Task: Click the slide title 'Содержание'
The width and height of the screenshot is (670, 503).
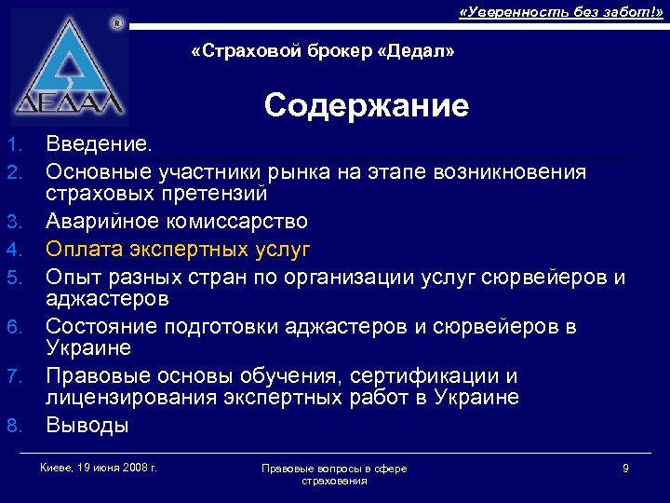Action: [366, 106]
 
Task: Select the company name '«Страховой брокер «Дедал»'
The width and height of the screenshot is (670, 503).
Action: [322, 51]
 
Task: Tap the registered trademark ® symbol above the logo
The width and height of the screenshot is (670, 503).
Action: [115, 21]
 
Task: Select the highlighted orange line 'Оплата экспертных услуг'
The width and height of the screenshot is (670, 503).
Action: [178, 250]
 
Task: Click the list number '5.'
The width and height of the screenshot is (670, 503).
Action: [14, 279]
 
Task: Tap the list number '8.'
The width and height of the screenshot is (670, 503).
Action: [14, 427]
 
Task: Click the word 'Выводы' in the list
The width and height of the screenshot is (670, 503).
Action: [87, 426]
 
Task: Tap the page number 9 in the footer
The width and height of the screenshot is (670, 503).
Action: [625, 468]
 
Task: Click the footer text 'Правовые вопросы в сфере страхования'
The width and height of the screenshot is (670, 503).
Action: [334, 474]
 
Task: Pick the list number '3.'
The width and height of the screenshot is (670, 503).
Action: [14, 223]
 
